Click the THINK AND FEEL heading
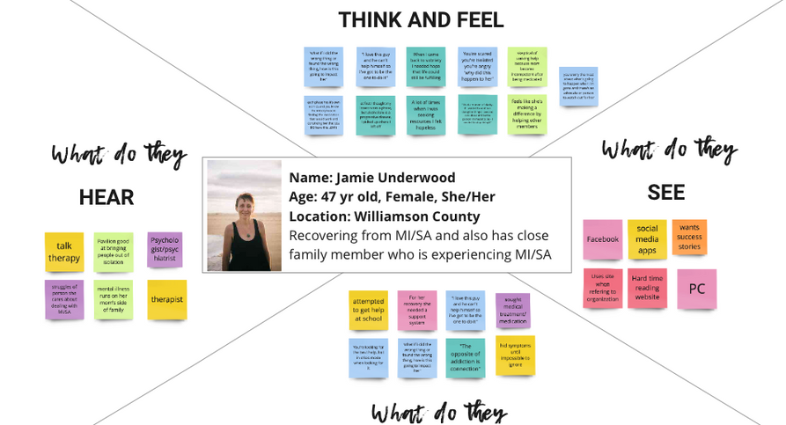tap(421, 19)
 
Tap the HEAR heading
tap(107, 198)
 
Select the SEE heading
tap(665, 193)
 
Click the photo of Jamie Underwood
tap(244, 216)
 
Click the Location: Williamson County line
tap(385, 216)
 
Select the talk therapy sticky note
tap(64, 252)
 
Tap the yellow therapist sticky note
tap(166, 299)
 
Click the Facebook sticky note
tap(602, 239)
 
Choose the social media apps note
tap(647, 239)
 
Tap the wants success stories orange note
tap(689, 238)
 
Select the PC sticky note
tap(696, 289)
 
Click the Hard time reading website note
tap(647, 288)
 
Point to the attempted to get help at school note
tap(368, 311)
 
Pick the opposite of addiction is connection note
tap(465, 357)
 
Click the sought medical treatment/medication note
tap(512, 311)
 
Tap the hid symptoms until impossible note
tap(515, 355)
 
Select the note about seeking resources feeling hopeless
tap(426, 114)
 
